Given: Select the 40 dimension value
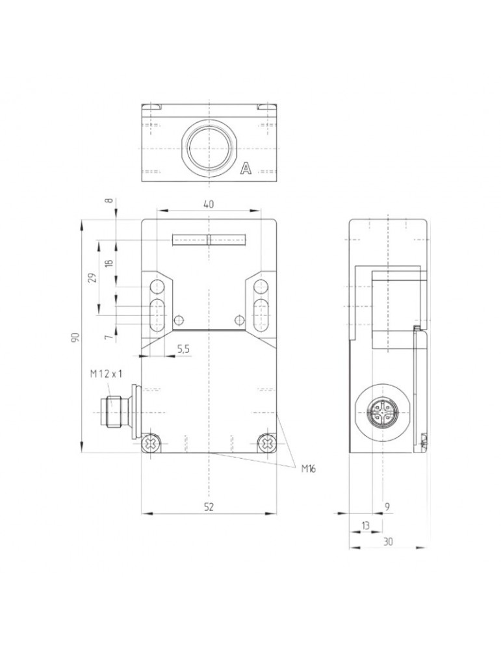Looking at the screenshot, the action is (x=209, y=204).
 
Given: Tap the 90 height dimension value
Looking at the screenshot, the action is (x=75, y=337).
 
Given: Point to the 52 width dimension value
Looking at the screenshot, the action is (x=209, y=506).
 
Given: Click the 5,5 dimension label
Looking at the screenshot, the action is (x=184, y=349).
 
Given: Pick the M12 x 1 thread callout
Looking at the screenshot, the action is (x=107, y=374).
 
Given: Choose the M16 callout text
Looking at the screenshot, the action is (x=308, y=469).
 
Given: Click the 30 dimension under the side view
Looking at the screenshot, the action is (x=388, y=541).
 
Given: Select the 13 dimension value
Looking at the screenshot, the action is (x=365, y=525).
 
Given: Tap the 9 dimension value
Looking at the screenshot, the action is (x=387, y=506).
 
